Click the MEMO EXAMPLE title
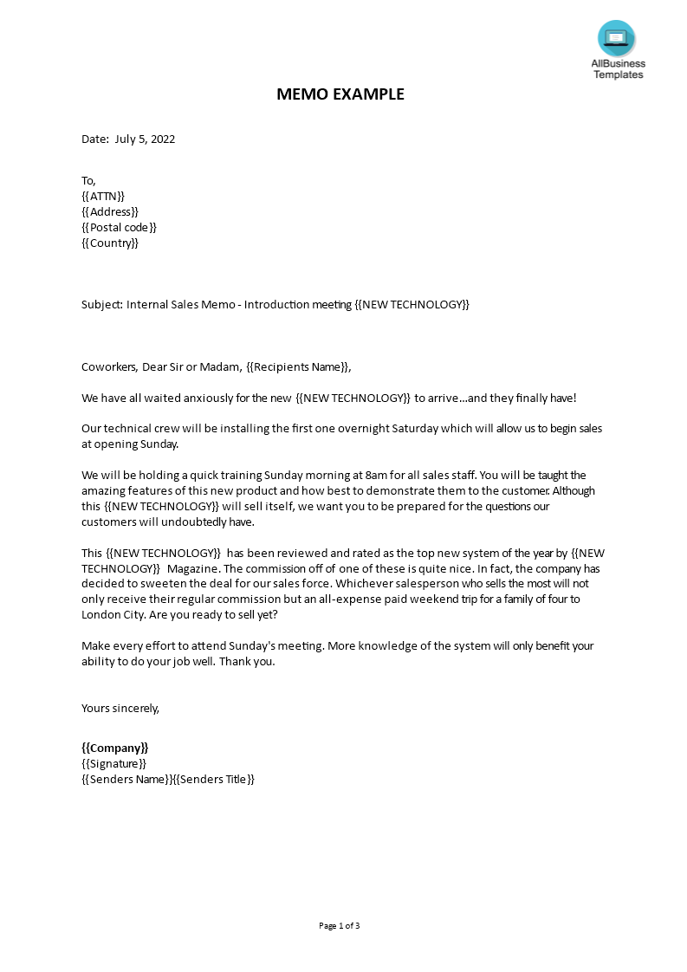coord(340,94)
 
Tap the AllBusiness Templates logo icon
coord(616,38)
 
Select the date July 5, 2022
coord(145,139)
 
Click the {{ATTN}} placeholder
coord(103,197)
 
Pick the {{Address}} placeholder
coord(110,212)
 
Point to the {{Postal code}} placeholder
coord(120,228)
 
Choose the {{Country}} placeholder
coord(110,243)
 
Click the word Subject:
coord(101,305)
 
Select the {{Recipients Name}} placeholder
coord(298,367)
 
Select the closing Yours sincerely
coord(120,709)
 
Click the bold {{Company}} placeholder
coord(115,748)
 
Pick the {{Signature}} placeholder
coord(114,764)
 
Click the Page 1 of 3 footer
coord(340,926)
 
